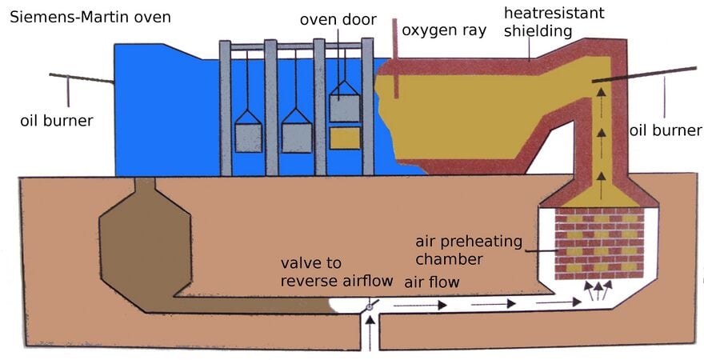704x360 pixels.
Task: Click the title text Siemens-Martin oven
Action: tap(90, 18)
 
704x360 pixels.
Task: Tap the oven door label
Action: tap(338, 20)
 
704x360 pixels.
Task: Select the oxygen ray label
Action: tap(443, 30)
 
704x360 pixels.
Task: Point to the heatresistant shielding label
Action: tap(554, 22)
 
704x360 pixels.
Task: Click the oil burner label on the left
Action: tap(57, 120)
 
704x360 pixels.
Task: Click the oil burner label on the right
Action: tap(665, 130)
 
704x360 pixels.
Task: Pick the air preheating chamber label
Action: tap(469, 250)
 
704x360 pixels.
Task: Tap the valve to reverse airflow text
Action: tap(337, 272)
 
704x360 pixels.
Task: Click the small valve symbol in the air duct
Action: tap(369, 306)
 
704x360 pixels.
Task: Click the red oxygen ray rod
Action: tap(395, 58)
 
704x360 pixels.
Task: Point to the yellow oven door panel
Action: tap(345, 138)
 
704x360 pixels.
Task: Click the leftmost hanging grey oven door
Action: tap(248, 131)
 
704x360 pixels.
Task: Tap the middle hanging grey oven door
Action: tap(296, 130)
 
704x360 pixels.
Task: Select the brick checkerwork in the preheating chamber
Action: tap(599, 243)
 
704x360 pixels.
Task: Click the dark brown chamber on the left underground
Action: tap(145, 251)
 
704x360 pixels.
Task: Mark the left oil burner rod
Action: tap(82, 78)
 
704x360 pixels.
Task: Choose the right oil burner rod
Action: tap(644, 74)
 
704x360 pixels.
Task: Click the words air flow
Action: tap(431, 282)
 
